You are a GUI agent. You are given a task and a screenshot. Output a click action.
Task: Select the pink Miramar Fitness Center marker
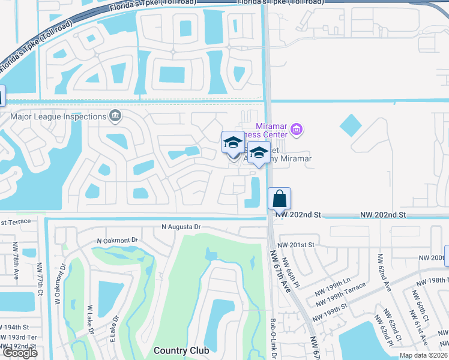coord(295,129)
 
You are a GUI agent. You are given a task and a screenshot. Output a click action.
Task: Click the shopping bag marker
coord(279,198)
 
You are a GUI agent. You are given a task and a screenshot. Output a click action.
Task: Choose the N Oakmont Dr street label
coord(118,241)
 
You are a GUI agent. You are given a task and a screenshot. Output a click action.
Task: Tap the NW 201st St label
coord(295,245)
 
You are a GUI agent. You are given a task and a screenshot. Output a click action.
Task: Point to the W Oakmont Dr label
coord(60,281)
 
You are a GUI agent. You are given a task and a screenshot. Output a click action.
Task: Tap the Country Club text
coord(181,350)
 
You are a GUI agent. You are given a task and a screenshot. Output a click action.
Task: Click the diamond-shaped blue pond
coord(351,125)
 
